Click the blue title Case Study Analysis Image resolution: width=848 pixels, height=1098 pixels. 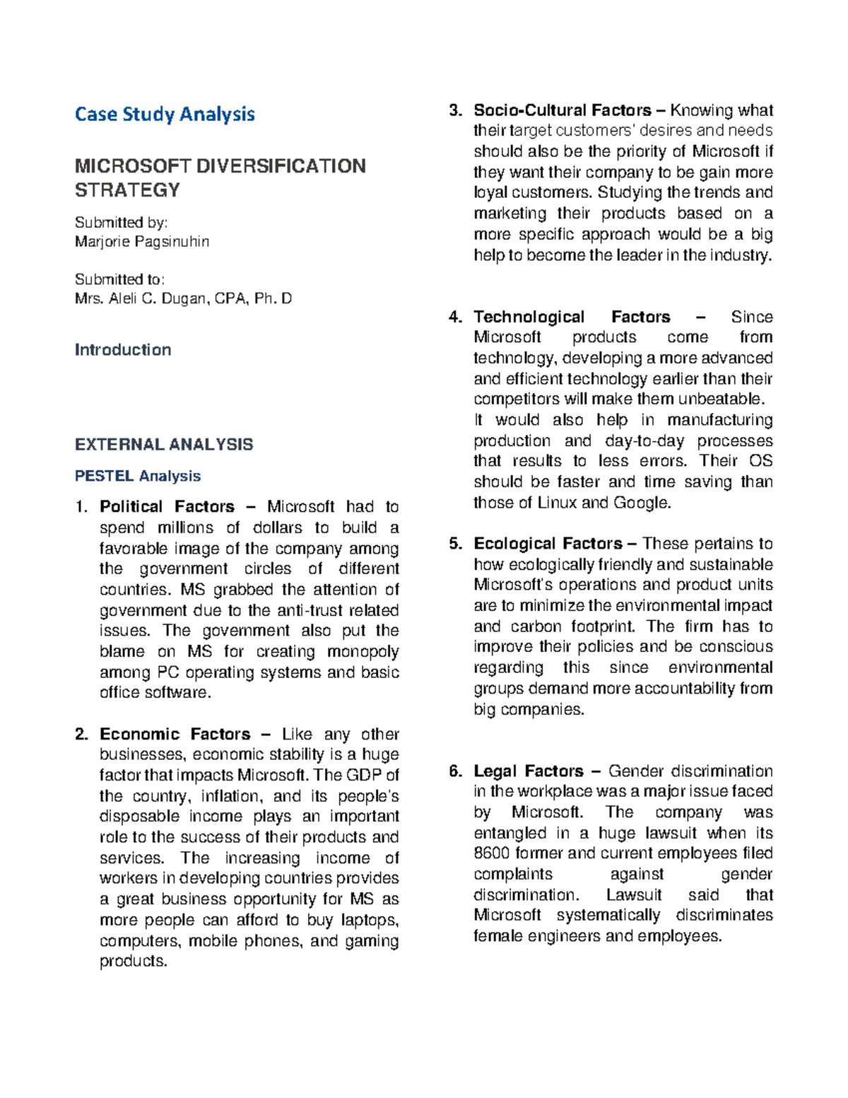(165, 114)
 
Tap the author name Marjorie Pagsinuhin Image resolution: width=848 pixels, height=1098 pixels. (142, 242)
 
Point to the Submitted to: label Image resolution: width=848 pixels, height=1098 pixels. (119, 279)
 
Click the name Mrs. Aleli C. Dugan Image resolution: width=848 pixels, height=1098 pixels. (141, 298)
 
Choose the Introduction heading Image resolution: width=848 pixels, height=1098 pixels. (123, 350)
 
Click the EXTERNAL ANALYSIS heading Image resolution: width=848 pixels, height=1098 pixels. (164, 445)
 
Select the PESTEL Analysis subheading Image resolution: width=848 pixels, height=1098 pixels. (138, 476)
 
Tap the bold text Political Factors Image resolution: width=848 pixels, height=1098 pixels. (167, 507)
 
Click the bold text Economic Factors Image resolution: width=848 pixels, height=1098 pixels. (175, 734)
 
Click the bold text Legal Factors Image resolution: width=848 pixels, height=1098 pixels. (529, 771)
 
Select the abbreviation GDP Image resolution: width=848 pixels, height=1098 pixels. (367, 775)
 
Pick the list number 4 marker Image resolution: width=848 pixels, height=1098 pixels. (456, 317)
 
